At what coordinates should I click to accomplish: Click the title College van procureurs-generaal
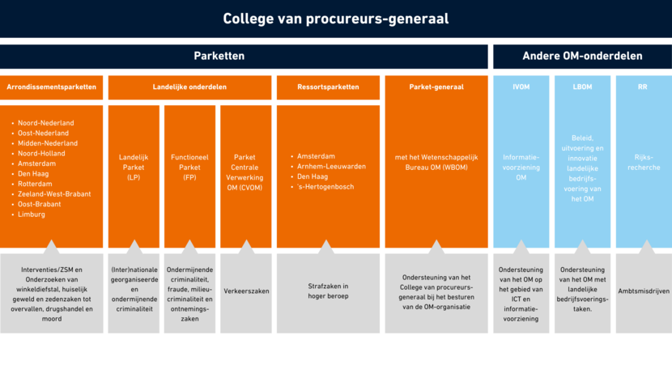click(335, 19)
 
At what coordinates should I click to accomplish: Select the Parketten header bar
click(219, 57)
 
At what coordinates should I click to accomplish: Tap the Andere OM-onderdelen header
click(582, 57)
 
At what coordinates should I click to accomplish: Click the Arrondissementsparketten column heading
click(52, 87)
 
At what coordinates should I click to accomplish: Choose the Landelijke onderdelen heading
click(189, 87)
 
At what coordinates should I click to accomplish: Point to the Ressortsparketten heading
click(327, 87)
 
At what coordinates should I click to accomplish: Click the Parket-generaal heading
click(436, 87)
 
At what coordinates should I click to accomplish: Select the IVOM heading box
click(521, 87)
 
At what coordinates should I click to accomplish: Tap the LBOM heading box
click(581, 87)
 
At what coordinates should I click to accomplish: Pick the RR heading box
click(643, 87)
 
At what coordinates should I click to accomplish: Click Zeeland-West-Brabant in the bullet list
click(54, 194)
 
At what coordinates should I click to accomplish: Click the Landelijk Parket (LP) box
click(134, 167)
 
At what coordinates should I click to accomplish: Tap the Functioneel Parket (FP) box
click(189, 167)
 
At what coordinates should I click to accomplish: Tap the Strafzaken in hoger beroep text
click(327, 291)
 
